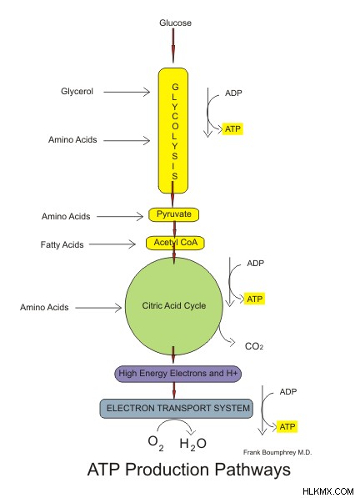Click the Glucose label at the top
(x=175, y=23)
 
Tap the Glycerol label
(x=77, y=92)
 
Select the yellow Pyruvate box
(x=174, y=214)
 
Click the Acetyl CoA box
(x=175, y=243)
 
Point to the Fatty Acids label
(x=62, y=244)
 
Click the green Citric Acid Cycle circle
(x=174, y=306)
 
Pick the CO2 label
(x=254, y=346)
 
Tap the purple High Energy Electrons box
(x=178, y=374)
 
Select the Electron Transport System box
(x=177, y=409)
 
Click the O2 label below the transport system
(x=156, y=443)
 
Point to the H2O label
(x=192, y=444)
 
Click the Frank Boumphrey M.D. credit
(x=277, y=452)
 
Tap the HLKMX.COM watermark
(x=328, y=491)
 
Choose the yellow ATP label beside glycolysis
(x=232, y=129)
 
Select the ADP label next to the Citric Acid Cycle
(x=255, y=264)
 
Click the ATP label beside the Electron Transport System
(x=287, y=426)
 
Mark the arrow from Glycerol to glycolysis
(x=127, y=92)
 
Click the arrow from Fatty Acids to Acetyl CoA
(x=112, y=244)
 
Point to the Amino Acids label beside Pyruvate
(x=66, y=216)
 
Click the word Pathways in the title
(x=252, y=470)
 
